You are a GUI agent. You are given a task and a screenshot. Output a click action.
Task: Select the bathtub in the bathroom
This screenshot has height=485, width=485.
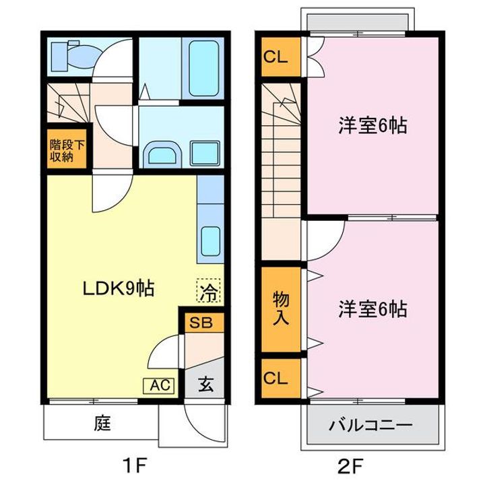tap(204, 68)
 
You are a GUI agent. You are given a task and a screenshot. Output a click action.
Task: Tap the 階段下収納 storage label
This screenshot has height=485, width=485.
tap(67, 151)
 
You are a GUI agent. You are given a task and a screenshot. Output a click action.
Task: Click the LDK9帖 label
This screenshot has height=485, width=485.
tap(119, 288)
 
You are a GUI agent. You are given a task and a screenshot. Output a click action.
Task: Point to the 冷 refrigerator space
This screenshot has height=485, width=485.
tap(209, 290)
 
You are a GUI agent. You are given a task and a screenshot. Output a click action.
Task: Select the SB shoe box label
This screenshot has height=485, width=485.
tap(201, 322)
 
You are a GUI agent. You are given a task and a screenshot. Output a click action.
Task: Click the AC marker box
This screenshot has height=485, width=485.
tap(159, 386)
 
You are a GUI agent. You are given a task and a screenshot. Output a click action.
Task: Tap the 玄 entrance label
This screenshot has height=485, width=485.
tap(205, 385)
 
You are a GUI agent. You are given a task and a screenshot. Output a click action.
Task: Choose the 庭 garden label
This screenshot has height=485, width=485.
tap(102, 423)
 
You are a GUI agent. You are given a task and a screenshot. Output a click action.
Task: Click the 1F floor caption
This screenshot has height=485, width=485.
tap(133, 466)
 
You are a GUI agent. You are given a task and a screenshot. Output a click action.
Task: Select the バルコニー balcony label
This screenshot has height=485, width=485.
tap(370, 426)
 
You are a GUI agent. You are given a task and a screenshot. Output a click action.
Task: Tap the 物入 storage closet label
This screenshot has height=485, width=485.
tap(281, 309)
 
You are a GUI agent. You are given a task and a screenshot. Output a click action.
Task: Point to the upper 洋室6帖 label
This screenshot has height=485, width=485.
tap(373, 125)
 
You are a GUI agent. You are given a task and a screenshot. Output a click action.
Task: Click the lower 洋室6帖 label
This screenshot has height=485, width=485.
tap(373, 309)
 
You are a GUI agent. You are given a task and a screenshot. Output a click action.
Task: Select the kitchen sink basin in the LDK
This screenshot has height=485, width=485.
tap(210, 241)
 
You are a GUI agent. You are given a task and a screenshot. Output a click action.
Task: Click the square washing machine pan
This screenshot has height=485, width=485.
tap(205, 154)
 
